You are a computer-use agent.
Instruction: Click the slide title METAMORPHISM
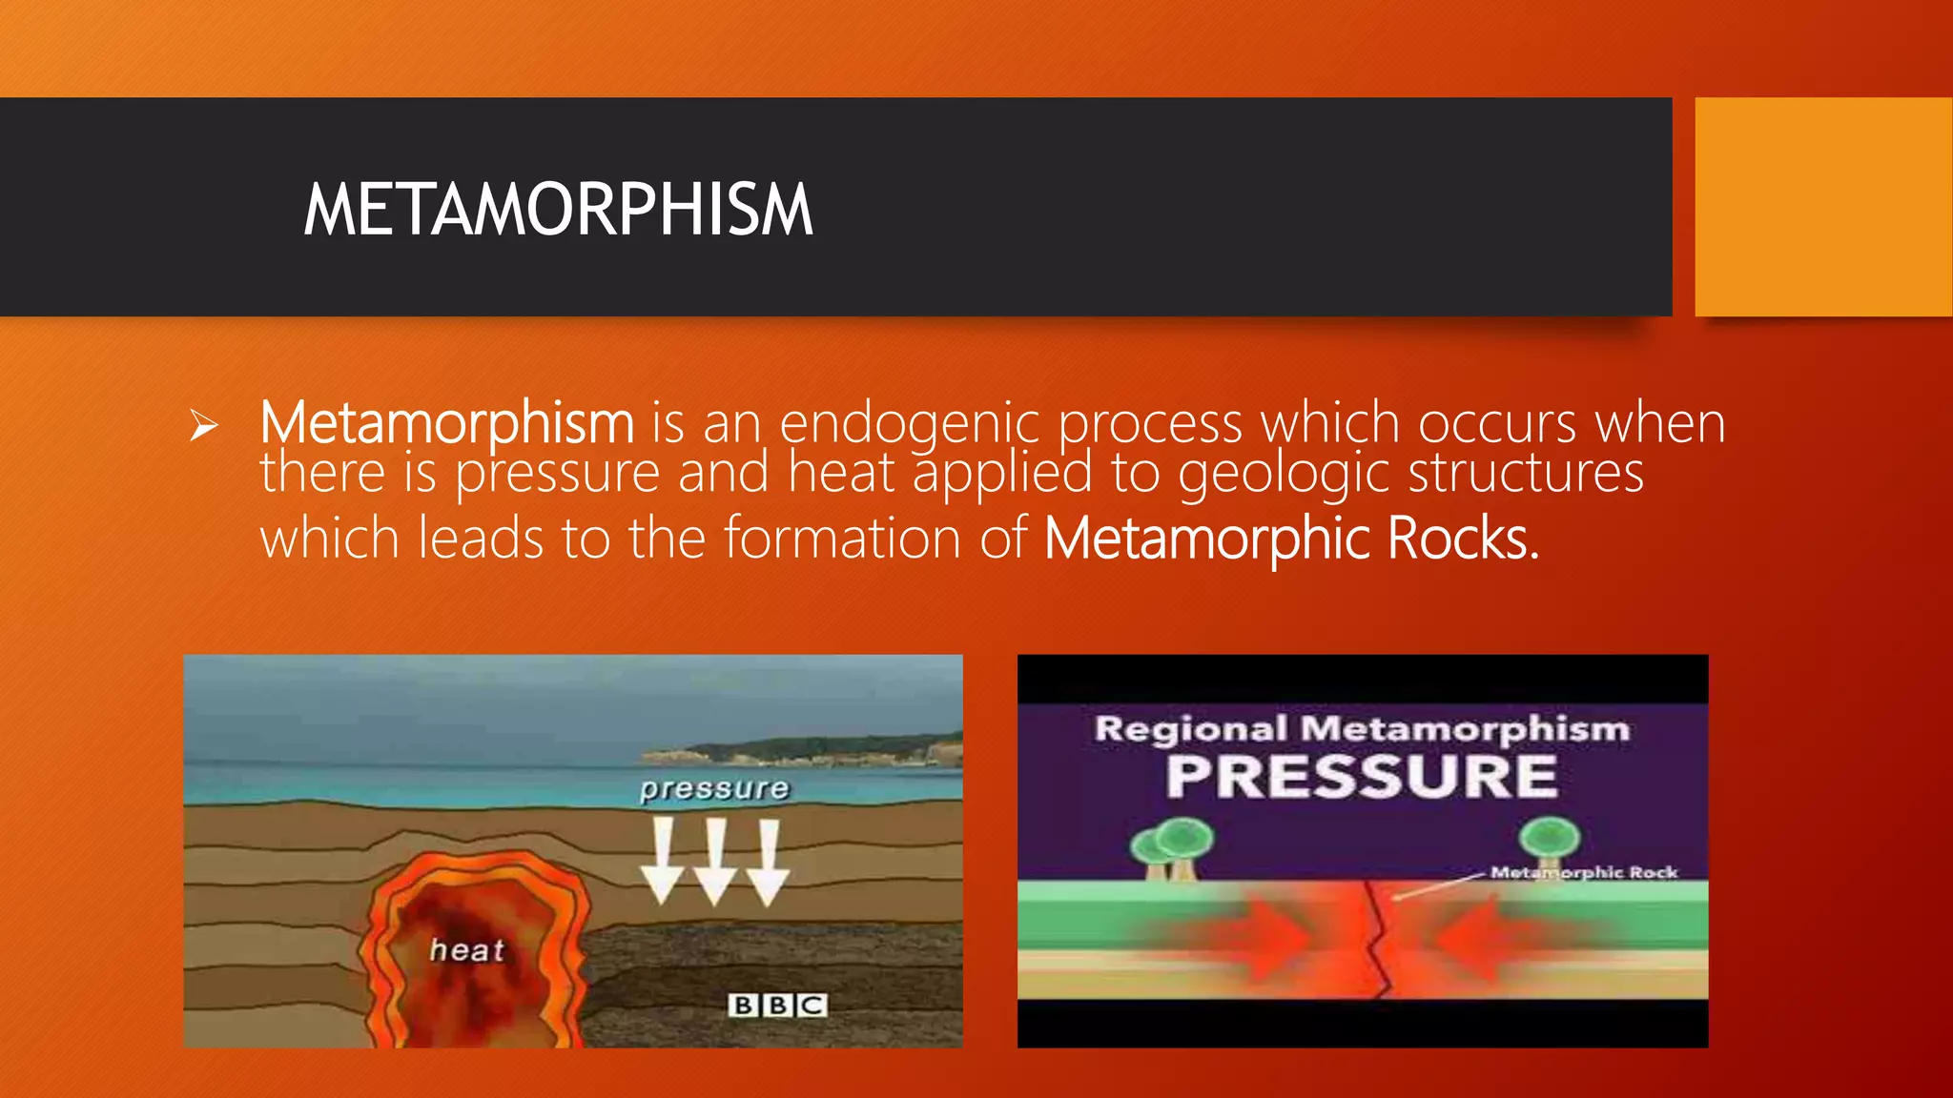[x=558, y=210]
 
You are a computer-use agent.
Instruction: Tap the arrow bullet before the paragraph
[x=203, y=425]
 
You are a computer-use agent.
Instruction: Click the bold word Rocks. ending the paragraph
[x=1463, y=539]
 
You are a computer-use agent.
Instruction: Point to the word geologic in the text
[x=1284, y=474]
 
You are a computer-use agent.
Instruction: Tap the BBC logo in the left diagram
[x=777, y=1005]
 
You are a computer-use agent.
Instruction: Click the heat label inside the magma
[x=466, y=949]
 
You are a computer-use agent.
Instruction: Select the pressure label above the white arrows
[x=714, y=788]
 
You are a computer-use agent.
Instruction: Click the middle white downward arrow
[x=715, y=863]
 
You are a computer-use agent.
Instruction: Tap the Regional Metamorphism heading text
[x=1362, y=729]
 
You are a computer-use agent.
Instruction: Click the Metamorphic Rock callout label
[x=1584, y=872]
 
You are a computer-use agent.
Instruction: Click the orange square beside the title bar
[x=1823, y=207]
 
